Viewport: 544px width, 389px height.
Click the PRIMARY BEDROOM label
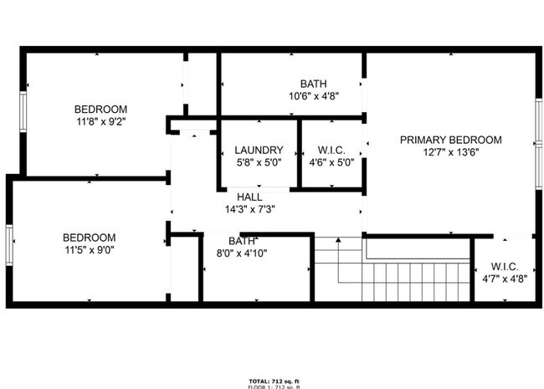[450, 140]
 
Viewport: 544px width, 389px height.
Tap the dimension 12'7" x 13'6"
[450, 152]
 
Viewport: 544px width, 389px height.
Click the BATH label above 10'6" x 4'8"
[314, 84]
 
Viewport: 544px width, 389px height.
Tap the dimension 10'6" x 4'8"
[314, 95]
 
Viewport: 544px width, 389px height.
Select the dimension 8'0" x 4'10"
[242, 253]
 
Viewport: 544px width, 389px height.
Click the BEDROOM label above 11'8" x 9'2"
[100, 109]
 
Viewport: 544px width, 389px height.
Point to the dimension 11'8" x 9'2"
[100, 121]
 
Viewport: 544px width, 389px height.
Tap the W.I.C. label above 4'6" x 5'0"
[332, 151]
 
